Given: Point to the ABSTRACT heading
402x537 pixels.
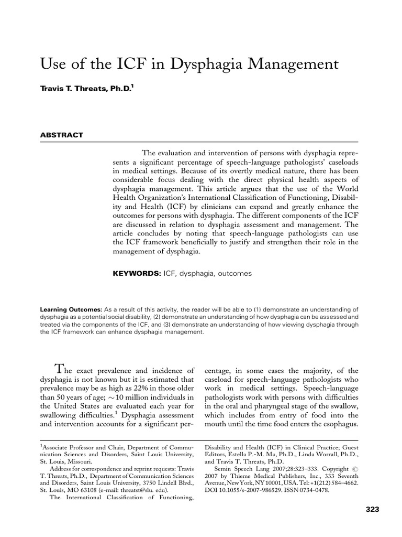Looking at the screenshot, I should [x=62, y=135].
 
